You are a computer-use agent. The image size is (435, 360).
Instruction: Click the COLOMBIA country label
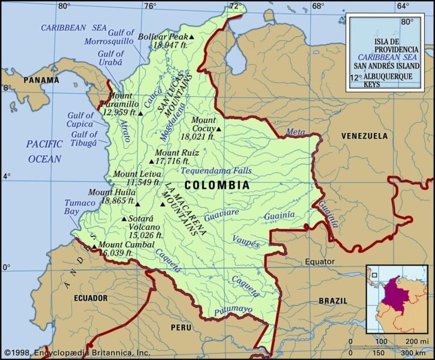click(x=217, y=185)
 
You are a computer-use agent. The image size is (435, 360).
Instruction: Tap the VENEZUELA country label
click(x=364, y=136)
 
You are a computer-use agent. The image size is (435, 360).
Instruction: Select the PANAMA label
click(x=41, y=80)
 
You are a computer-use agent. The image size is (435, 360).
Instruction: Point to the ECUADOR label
click(x=90, y=298)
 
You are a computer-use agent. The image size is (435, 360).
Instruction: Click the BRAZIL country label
click(x=332, y=301)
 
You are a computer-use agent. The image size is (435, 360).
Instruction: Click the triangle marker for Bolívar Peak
click(x=192, y=37)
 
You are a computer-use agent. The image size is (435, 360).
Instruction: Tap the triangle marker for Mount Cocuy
click(x=219, y=128)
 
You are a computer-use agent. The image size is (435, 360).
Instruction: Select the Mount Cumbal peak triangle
click(x=94, y=247)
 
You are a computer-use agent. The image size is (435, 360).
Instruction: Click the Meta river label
click(x=295, y=132)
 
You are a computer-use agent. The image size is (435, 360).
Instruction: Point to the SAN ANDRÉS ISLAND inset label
click(x=388, y=66)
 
